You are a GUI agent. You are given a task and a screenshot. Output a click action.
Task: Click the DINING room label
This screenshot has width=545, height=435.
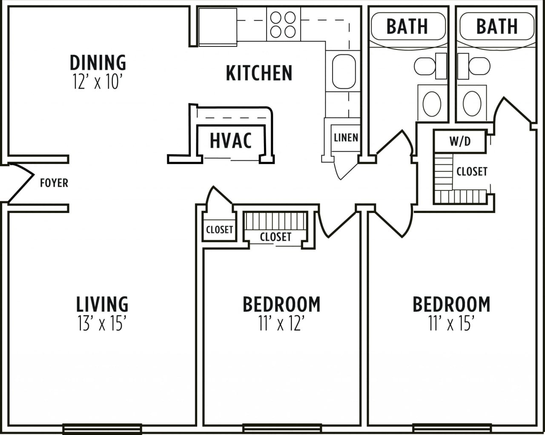(x=98, y=63)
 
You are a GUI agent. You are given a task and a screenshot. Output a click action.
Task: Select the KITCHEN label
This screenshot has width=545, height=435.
(x=259, y=73)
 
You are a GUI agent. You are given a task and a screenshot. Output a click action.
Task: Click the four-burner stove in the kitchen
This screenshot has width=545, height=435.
(x=283, y=24)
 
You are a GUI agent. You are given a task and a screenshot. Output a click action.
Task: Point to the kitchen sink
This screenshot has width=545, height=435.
(x=343, y=71)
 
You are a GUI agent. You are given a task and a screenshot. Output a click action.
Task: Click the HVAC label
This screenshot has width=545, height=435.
(x=231, y=140)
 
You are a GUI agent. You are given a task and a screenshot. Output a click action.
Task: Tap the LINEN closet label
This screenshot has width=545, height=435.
(x=346, y=138)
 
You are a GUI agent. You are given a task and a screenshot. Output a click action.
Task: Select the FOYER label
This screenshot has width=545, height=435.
(x=54, y=183)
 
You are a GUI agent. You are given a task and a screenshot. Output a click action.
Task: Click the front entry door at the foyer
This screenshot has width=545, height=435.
(x=19, y=183)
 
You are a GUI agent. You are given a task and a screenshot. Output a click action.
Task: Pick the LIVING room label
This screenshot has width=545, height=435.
(x=102, y=304)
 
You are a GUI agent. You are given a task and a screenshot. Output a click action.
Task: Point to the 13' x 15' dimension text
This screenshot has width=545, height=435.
(x=102, y=324)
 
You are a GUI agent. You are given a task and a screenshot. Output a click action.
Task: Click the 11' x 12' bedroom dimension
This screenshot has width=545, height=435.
(x=281, y=324)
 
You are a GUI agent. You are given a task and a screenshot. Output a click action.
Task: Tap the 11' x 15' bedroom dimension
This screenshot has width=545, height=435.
(x=451, y=324)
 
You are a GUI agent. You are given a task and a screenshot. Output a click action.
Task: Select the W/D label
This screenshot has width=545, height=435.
(x=460, y=141)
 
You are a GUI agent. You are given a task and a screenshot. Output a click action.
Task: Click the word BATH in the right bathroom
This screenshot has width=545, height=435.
(x=497, y=26)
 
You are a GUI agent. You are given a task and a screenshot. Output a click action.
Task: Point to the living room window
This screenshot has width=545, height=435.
(x=102, y=428)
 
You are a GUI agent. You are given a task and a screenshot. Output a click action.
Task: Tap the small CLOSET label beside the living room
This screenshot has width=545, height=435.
(x=219, y=230)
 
